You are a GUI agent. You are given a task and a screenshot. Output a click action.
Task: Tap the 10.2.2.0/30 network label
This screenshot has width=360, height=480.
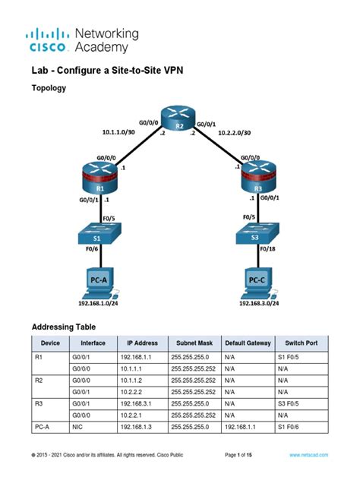235,131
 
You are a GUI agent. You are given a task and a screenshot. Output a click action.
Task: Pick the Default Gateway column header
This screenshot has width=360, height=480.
248,343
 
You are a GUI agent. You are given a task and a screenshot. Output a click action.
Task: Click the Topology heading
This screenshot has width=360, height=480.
49,89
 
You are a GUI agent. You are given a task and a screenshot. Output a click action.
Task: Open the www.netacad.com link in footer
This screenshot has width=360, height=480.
310,454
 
